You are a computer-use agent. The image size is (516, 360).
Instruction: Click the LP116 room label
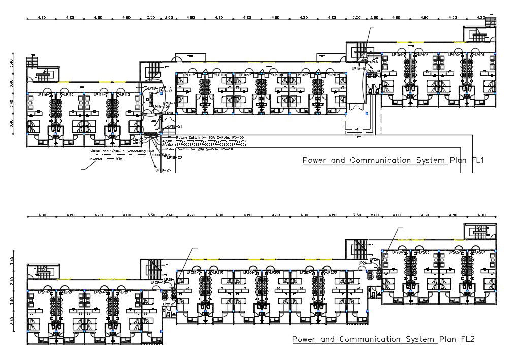(42, 95)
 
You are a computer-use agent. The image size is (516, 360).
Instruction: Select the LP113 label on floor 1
(124, 95)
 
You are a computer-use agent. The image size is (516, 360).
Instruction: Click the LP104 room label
(398, 55)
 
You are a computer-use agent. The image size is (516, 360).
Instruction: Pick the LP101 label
(479, 55)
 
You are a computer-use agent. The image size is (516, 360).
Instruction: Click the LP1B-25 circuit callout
(163, 170)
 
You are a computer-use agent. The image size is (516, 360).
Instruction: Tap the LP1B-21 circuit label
(175, 126)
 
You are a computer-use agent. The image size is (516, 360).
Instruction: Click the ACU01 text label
(168, 141)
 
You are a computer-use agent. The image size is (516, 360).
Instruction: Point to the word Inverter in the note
(96, 159)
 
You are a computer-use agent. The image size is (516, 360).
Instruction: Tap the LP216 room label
(42, 292)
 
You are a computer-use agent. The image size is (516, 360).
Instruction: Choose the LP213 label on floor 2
(124, 292)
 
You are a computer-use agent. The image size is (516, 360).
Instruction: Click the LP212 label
(168, 304)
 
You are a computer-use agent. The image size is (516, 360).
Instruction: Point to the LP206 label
(331, 273)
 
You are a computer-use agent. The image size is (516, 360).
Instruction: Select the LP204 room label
(398, 252)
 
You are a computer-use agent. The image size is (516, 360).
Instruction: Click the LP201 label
(479, 252)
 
